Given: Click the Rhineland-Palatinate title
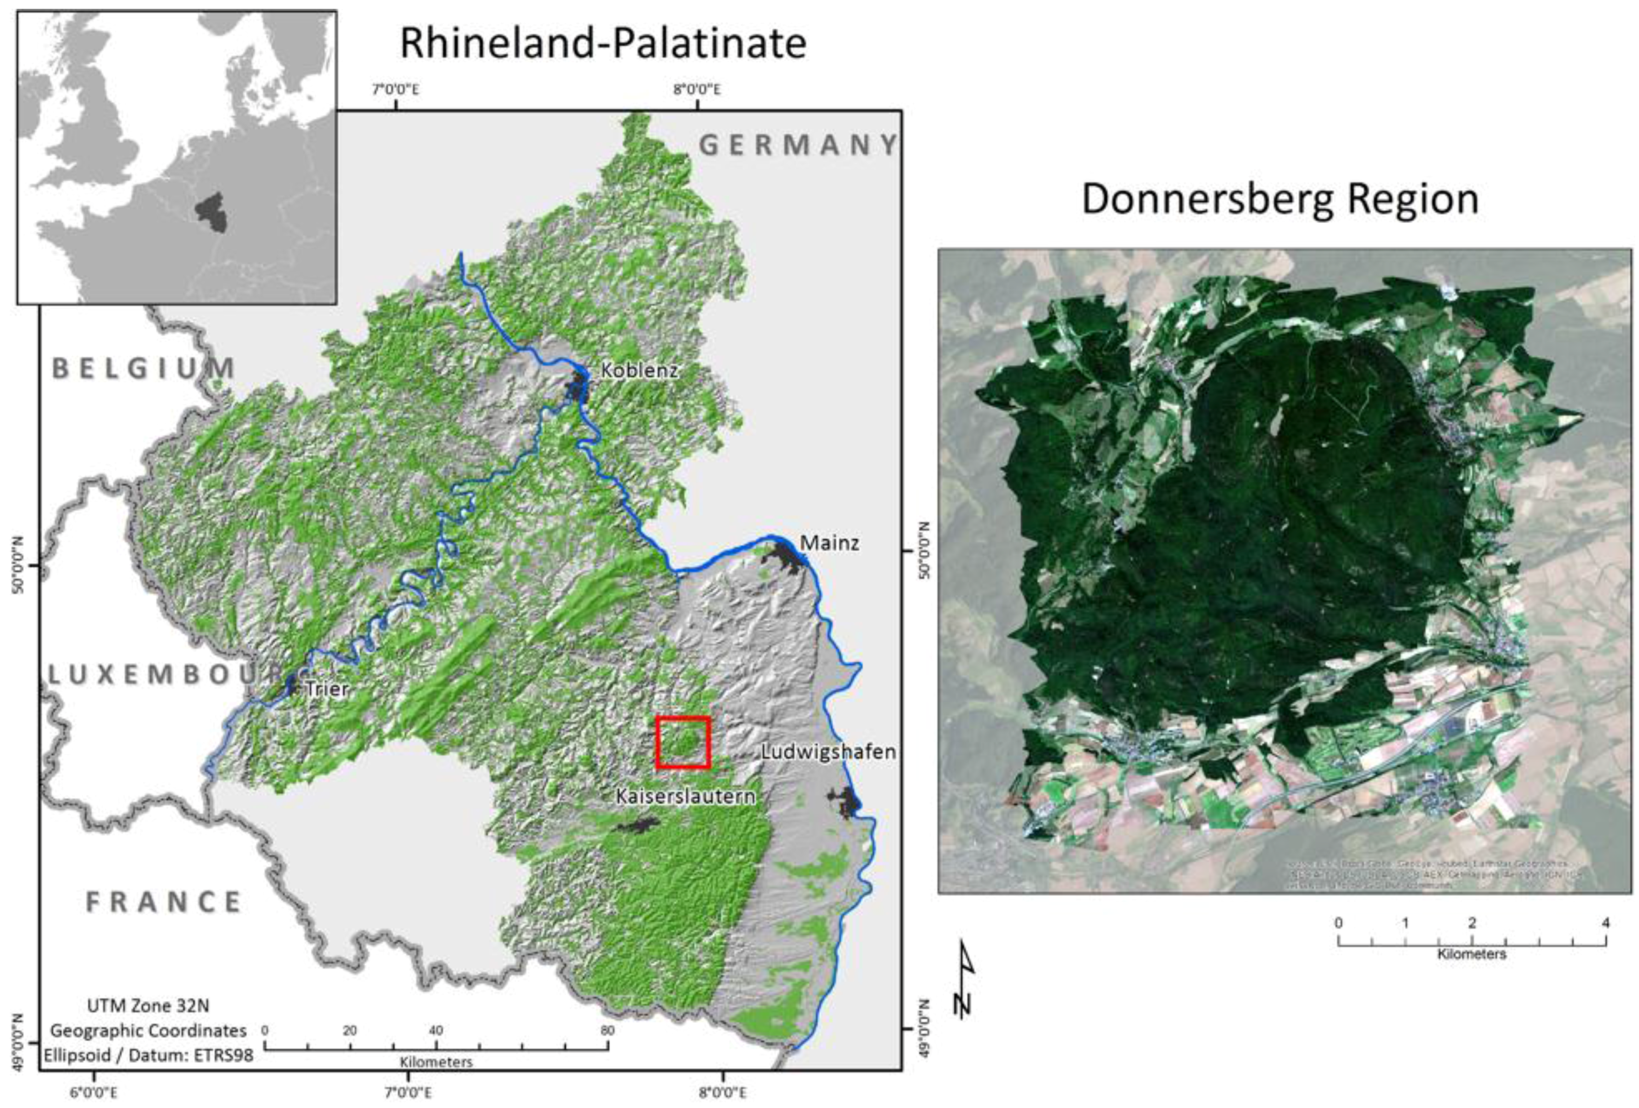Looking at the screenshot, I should (603, 44).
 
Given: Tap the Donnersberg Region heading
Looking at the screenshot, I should (1279, 199).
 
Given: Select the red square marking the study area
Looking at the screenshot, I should (683, 742).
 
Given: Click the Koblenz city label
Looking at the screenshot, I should (639, 370).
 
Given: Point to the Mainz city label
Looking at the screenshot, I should (829, 543).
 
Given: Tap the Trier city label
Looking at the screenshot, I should (326, 689).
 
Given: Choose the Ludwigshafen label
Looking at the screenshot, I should (828, 752).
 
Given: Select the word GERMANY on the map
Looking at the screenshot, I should (798, 145).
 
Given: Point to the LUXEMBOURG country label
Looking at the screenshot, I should (169, 675).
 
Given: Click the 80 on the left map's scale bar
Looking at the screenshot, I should (607, 1031).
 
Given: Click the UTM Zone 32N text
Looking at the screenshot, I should (147, 1005).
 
